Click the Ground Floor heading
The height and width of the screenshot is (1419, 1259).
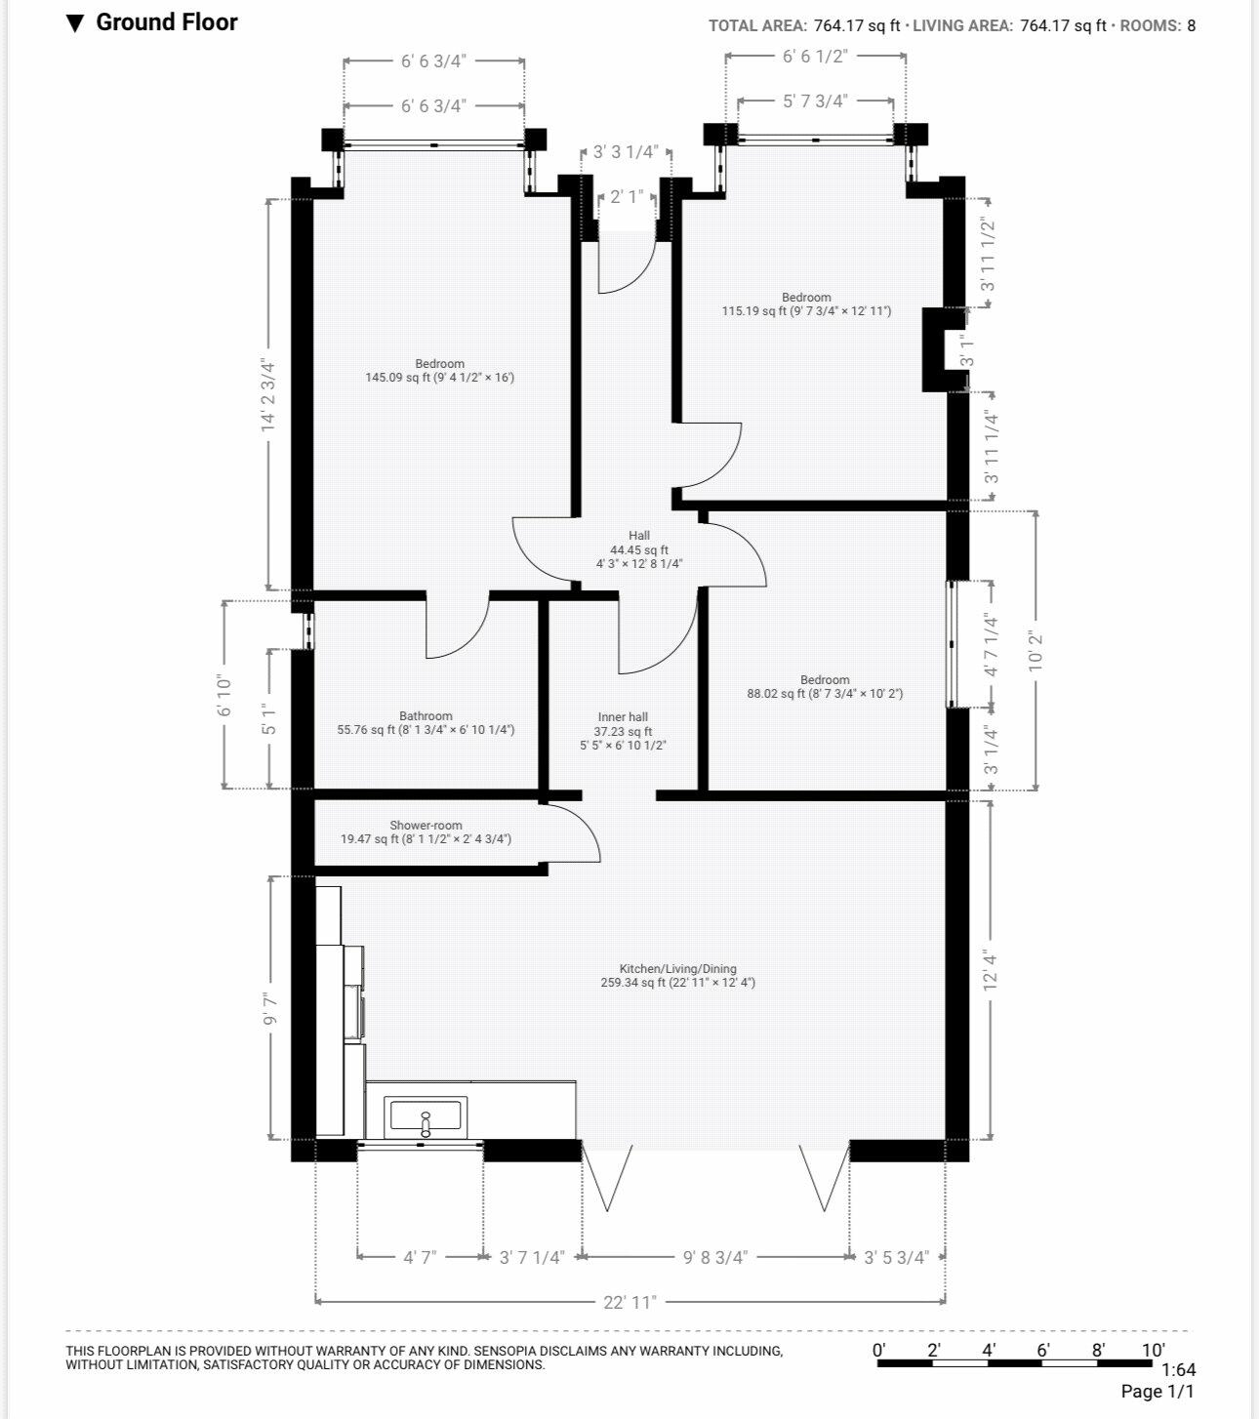tap(167, 22)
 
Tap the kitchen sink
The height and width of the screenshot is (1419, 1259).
tap(426, 1117)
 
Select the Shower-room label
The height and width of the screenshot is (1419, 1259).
tap(426, 825)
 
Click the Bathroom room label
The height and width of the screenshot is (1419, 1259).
tap(426, 715)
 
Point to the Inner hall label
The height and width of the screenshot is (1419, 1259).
tap(623, 716)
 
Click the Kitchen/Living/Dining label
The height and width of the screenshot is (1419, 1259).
tap(678, 969)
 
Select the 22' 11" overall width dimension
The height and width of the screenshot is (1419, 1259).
tap(629, 1302)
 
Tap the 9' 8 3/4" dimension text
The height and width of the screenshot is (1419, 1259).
tap(715, 1257)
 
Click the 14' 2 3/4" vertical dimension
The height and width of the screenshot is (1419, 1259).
tap(268, 395)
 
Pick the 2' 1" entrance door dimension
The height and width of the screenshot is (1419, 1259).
tap(627, 197)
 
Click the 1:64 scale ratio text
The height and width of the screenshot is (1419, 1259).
tap(1178, 1369)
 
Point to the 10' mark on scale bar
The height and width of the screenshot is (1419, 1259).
tap(1154, 1350)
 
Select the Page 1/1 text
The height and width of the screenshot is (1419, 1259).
tap(1157, 1391)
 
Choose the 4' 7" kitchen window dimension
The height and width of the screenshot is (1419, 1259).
tap(420, 1257)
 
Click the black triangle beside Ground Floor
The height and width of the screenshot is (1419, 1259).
tap(75, 23)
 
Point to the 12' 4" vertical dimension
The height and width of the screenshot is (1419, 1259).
tap(990, 970)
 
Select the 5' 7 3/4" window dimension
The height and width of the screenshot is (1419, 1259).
tap(816, 101)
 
